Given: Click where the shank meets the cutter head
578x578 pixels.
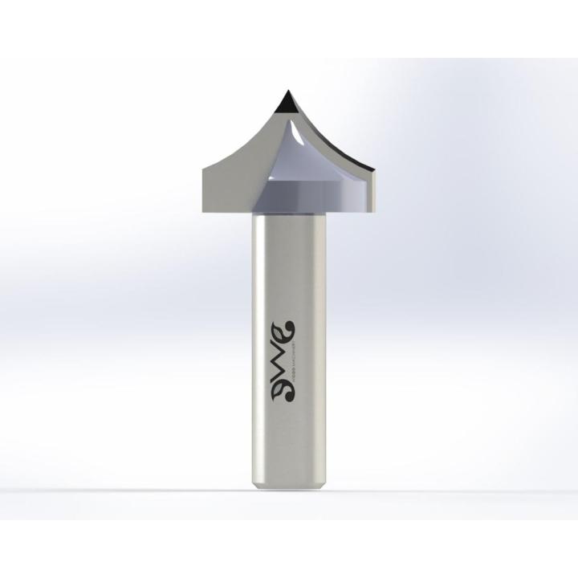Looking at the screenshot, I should click(x=289, y=214).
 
